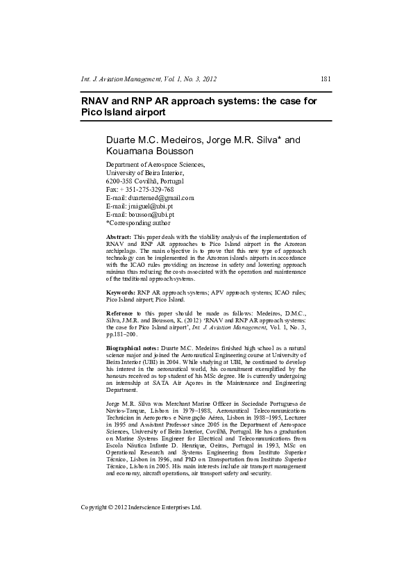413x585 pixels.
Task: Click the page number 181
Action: (326, 79)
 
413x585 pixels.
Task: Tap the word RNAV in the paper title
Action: (97, 101)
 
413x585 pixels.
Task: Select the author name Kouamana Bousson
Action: (150, 151)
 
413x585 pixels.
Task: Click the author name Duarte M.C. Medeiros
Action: (158, 140)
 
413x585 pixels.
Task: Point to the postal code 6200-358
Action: (119, 181)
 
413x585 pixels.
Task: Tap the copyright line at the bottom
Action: (141, 507)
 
